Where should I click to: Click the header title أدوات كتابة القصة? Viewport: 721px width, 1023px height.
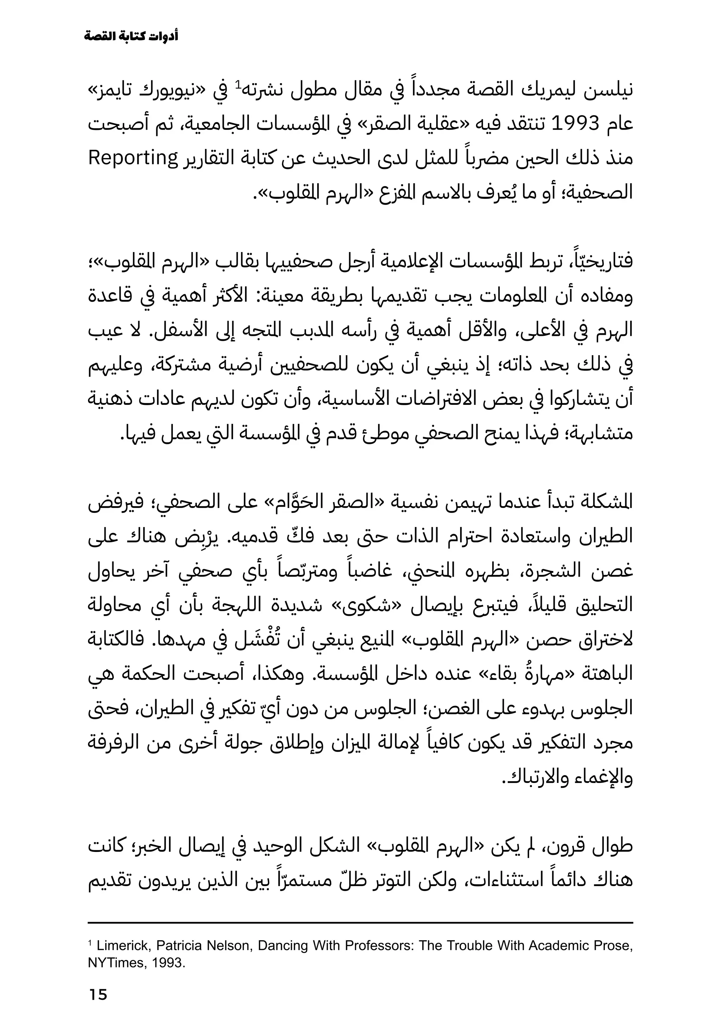131,37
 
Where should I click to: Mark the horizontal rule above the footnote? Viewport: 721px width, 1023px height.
360,922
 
